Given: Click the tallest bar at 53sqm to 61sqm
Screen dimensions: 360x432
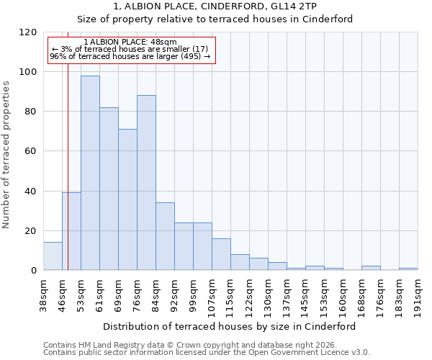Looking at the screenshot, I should (90, 173).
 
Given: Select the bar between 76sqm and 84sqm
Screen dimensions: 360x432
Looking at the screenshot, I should (146, 183).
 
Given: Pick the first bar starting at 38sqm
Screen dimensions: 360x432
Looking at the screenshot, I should (53, 256).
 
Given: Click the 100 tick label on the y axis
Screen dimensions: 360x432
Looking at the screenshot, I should (28, 72).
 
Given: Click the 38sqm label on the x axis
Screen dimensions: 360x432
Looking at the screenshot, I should (44, 293).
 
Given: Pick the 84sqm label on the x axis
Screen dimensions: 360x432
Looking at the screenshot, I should (156, 293).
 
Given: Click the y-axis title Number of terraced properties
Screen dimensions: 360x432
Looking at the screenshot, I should (6, 155).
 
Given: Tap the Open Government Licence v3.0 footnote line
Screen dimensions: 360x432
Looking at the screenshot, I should (207, 353).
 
